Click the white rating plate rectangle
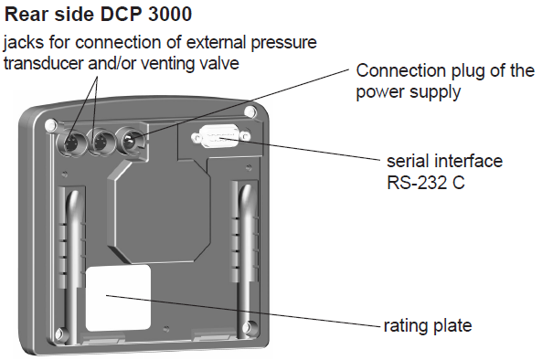(x=118, y=298)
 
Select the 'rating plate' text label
(x=428, y=326)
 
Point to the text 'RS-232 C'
(x=426, y=182)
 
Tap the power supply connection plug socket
(x=128, y=142)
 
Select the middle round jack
(x=100, y=142)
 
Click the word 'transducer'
(x=44, y=64)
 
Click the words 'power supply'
(x=409, y=92)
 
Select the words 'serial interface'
(x=444, y=161)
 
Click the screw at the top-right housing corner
(x=250, y=111)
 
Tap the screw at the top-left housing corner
(x=51, y=124)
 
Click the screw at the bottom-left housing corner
(x=60, y=334)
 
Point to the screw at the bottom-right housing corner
(x=248, y=326)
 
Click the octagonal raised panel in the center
(x=159, y=211)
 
